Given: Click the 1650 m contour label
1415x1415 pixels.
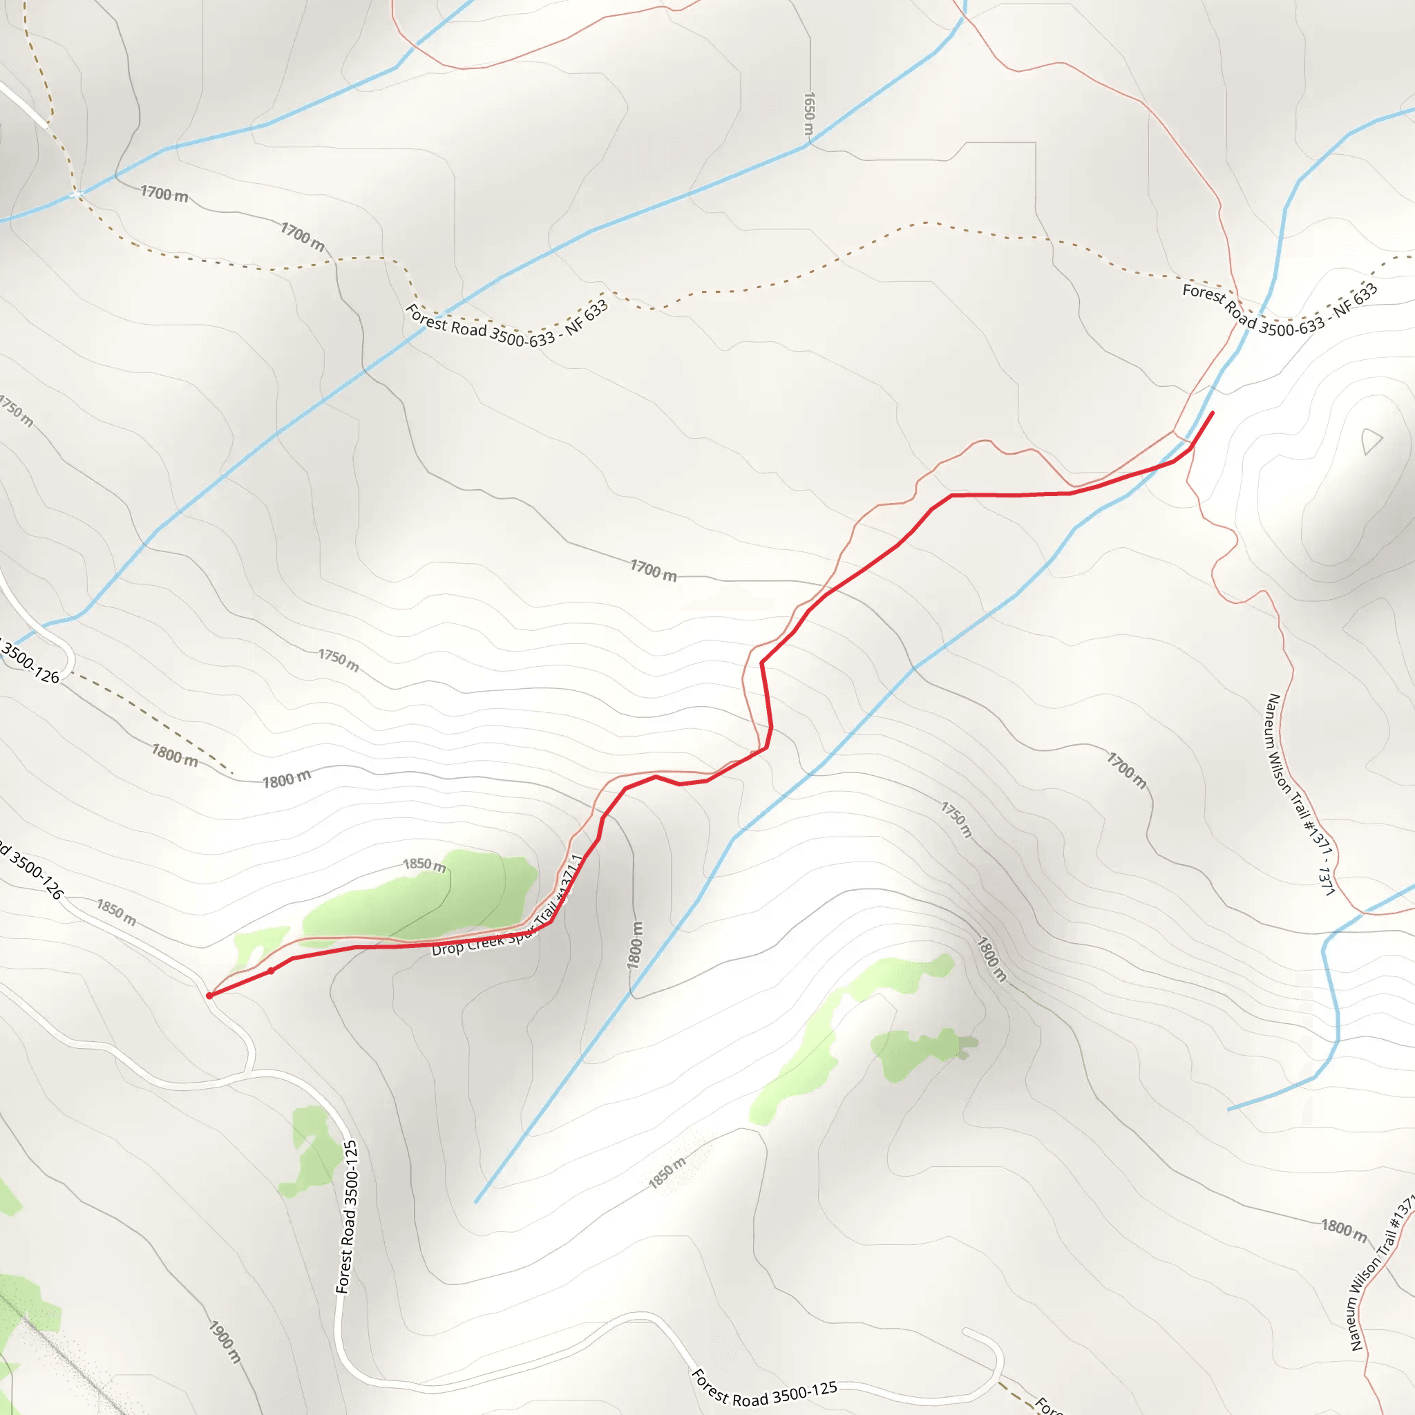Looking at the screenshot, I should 808,113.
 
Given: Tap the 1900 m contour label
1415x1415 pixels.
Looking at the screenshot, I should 225,1342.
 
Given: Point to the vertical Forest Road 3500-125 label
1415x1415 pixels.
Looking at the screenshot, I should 347,1217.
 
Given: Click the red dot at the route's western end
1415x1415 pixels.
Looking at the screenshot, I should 209,996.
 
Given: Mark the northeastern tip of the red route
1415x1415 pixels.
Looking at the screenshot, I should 1212,413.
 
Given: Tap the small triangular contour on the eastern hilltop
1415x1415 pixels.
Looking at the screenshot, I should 1370,441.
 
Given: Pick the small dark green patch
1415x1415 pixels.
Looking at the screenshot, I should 966,1046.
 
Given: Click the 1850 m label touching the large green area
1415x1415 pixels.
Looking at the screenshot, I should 424,865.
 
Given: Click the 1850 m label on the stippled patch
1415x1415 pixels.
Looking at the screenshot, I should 667,1172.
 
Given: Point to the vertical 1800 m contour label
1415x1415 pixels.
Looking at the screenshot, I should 635,944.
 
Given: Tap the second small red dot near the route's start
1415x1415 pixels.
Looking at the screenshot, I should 271,971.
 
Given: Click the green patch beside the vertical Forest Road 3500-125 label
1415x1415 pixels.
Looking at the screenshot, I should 312,1150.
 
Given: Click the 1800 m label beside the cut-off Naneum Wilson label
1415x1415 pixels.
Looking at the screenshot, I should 1343,1231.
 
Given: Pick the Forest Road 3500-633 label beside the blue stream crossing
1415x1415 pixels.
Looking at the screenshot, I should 506,325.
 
